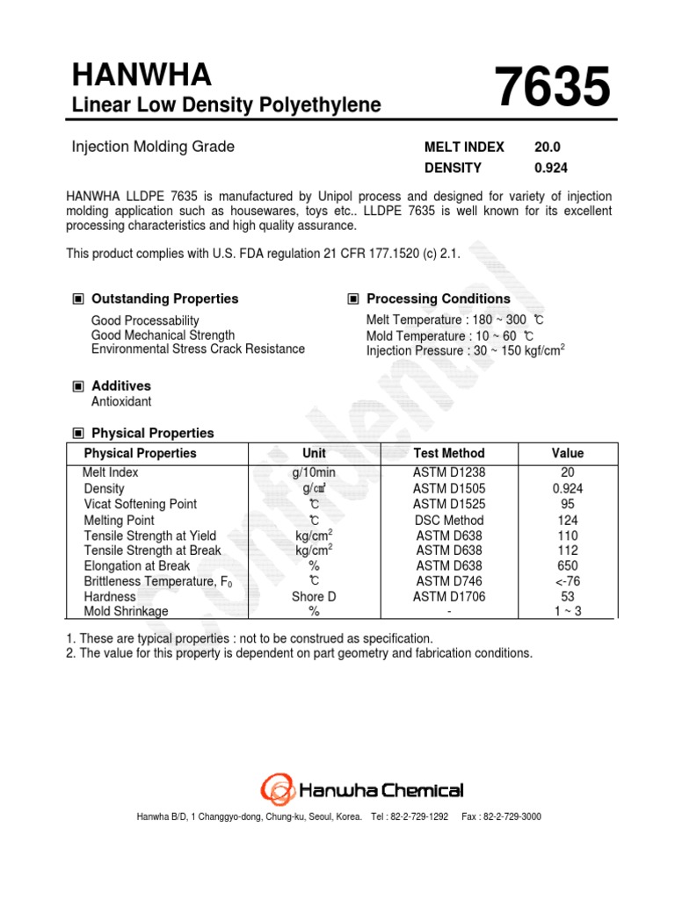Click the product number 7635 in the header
(x=552, y=91)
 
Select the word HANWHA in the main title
(x=142, y=77)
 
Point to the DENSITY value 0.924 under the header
(x=550, y=168)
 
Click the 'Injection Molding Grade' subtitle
(x=153, y=147)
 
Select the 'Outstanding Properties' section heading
(x=164, y=298)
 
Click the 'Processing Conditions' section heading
(x=438, y=298)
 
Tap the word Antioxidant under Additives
(x=121, y=401)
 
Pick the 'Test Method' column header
(x=448, y=453)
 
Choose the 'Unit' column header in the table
(x=314, y=453)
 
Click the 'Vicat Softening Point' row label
(x=140, y=504)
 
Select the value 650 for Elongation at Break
(x=568, y=565)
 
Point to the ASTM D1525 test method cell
(x=448, y=504)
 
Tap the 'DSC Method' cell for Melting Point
(x=448, y=520)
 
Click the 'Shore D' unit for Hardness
(x=314, y=596)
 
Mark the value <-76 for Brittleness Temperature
(x=568, y=581)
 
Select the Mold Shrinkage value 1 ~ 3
(x=568, y=611)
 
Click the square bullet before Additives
(x=78, y=385)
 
